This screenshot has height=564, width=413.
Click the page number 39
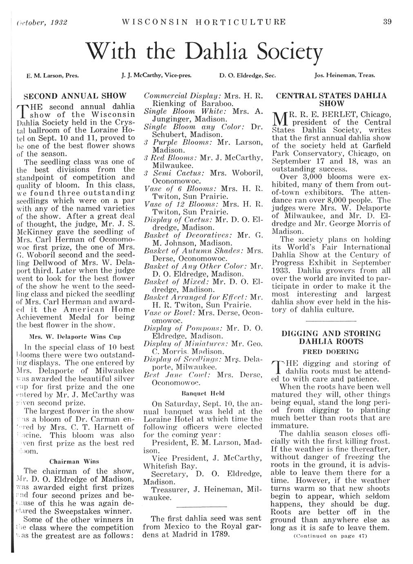point(388,22)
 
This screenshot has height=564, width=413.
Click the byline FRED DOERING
point(330,351)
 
